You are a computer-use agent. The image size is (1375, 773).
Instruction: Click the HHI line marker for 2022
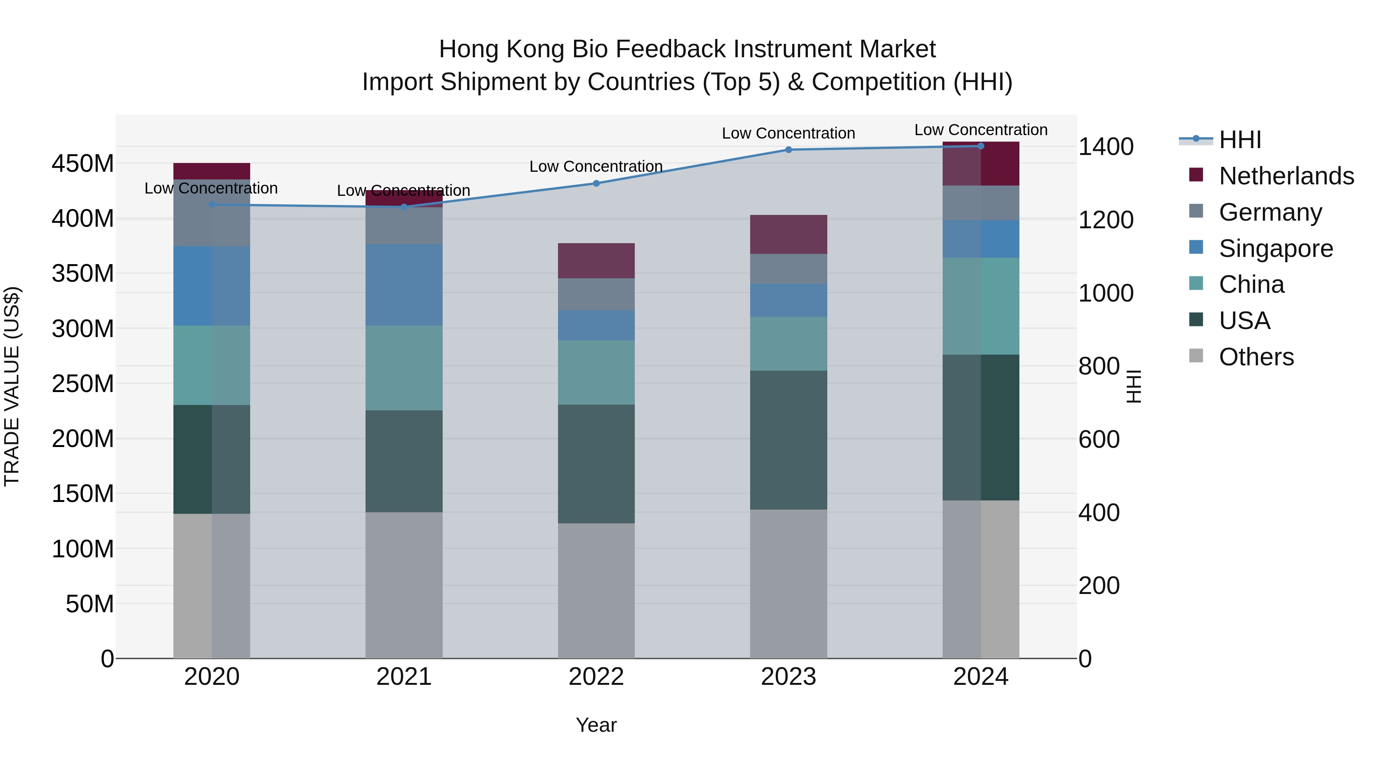pos(596,184)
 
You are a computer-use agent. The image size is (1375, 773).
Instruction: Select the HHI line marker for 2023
pos(788,150)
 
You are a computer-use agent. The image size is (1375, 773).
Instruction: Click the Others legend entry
pos(1256,357)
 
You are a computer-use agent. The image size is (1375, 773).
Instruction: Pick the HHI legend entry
pos(1239,140)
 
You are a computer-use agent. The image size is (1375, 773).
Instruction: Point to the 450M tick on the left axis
pos(83,164)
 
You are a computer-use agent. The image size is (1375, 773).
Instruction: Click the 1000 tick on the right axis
pos(1105,294)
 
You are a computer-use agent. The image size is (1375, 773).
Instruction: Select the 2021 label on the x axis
pos(404,677)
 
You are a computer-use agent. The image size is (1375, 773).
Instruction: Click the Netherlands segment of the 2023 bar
pos(788,234)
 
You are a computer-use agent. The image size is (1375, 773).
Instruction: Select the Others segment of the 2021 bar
pos(404,585)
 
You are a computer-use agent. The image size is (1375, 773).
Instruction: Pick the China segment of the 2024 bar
pos(980,306)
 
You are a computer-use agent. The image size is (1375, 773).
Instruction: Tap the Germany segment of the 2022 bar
pos(596,294)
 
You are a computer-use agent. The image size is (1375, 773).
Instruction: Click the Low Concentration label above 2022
pos(596,166)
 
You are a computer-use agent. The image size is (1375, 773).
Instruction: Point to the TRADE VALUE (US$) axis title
pos(12,386)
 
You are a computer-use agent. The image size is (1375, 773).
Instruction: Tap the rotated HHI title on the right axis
pos(1134,386)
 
